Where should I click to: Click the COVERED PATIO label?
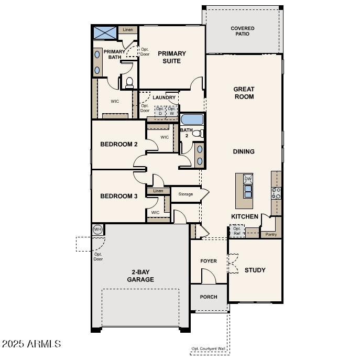click(243, 31)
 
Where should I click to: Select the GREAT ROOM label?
click(244, 93)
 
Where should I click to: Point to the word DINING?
click(244, 151)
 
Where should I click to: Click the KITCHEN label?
click(245, 216)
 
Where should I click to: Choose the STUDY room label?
click(255, 270)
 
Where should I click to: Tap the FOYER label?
click(209, 261)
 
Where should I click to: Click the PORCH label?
click(209, 297)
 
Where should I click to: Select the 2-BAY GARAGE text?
click(140, 276)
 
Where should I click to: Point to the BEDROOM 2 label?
click(119, 144)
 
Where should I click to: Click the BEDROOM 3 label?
click(119, 196)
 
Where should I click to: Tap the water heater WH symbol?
click(97, 230)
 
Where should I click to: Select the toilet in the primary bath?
click(128, 82)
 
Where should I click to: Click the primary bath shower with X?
click(105, 32)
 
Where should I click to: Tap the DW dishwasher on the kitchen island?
click(248, 178)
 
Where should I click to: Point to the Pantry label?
click(271, 234)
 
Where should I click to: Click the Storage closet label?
click(185, 194)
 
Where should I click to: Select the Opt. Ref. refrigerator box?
click(237, 231)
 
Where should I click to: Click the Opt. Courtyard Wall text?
click(209, 349)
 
